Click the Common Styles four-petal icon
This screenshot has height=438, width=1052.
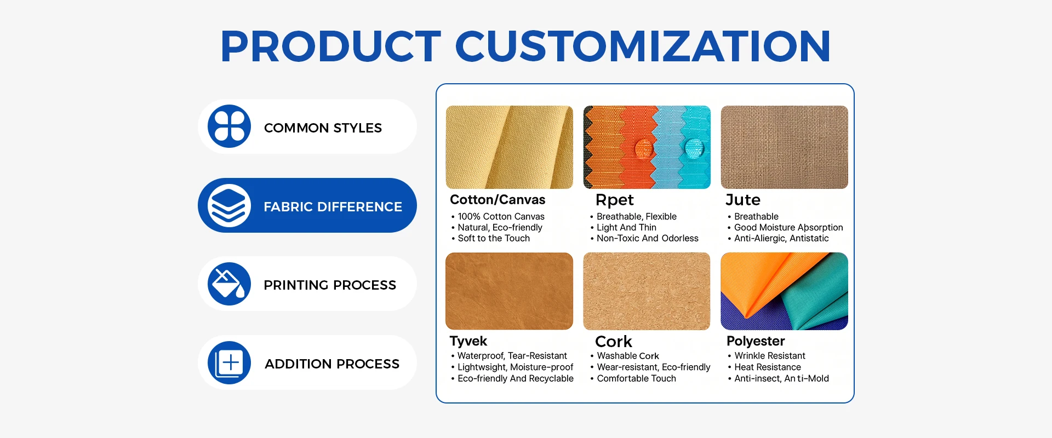click(x=229, y=126)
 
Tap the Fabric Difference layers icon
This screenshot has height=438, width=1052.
click(x=229, y=205)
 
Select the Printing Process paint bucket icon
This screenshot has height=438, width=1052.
click(x=229, y=284)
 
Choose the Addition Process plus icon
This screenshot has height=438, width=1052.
click(x=229, y=362)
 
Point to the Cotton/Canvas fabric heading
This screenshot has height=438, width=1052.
click(x=498, y=200)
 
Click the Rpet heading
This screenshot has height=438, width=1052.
click(x=614, y=200)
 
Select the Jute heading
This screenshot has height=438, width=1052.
click(x=742, y=200)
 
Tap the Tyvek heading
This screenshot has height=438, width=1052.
click(x=468, y=341)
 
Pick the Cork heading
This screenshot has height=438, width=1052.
click(x=614, y=342)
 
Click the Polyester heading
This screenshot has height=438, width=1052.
click(x=756, y=341)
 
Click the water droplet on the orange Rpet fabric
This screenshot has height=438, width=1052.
click(x=644, y=148)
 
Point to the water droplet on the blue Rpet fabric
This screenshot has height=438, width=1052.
click(x=694, y=147)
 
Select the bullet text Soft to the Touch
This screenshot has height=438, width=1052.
click(x=494, y=238)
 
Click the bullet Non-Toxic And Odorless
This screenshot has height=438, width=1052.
click(x=648, y=238)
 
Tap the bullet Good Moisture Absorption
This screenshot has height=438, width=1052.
click(x=788, y=227)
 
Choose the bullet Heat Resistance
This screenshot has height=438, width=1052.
click(x=768, y=367)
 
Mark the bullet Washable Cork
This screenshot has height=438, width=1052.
click(x=628, y=356)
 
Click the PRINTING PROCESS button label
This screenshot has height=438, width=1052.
click(x=330, y=285)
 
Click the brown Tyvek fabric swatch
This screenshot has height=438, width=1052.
click(x=509, y=291)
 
